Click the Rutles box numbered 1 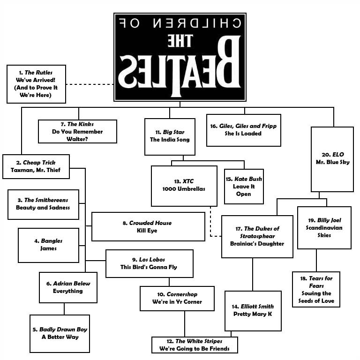point(36,84)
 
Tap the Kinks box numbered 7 point(77,132)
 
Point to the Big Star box point(170,136)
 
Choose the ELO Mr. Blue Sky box point(332,159)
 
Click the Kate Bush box point(244,187)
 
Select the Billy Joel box point(324,227)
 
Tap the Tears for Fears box point(316,289)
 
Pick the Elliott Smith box point(252,310)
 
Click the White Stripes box point(195,345)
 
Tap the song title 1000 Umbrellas point(184,189)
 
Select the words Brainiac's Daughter point(257,244)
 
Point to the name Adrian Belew point(71,284)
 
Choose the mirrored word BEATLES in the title point(180,70)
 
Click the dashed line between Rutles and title point(90,84)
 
